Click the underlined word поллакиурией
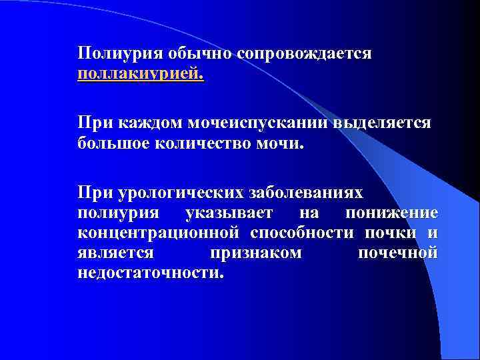coord(141,72)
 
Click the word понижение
coord(391,213)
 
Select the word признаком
coord(255,253)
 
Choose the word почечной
coord(397,253)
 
